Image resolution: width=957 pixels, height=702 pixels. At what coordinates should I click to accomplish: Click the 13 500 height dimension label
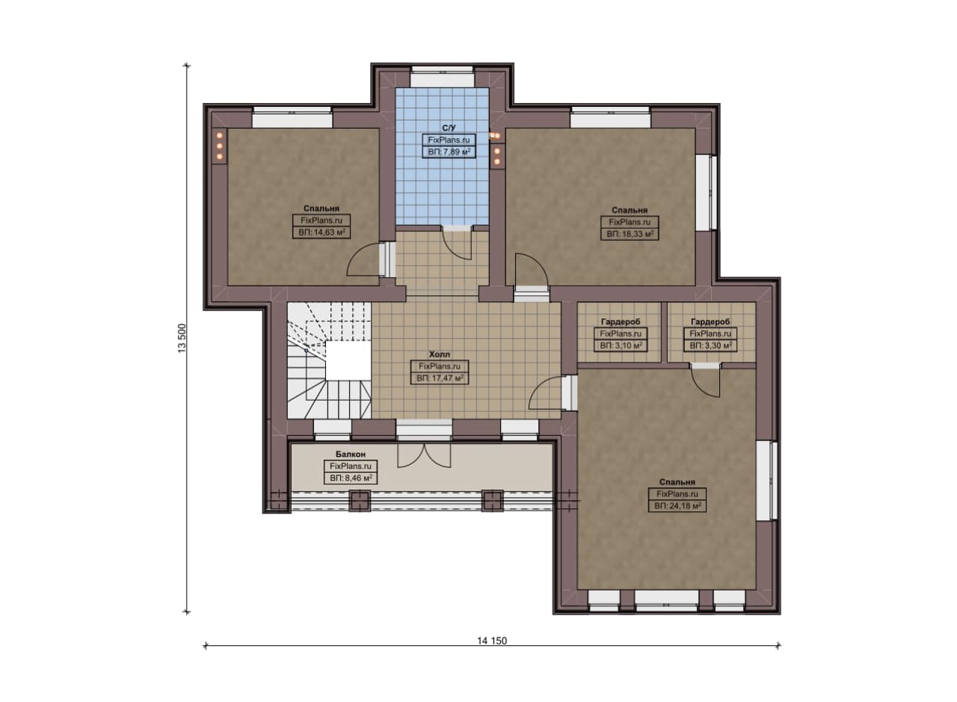[x=182, y=339]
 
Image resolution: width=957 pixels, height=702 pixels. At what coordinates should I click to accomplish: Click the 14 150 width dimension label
[x=492, y=641]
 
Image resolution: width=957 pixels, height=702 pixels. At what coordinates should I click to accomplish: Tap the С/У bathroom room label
[x=449, y=128]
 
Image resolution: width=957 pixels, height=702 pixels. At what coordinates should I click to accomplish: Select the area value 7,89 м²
[x=449, y=152]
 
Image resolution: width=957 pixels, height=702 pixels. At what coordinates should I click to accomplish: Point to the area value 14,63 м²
[x=321, y=233]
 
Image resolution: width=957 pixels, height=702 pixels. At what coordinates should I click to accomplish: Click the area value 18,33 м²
[x=630, y=234]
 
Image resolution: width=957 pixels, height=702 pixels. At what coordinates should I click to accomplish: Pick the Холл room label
[x=440, y=354]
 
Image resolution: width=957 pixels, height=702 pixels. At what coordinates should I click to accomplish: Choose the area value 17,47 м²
[x=440, y=378]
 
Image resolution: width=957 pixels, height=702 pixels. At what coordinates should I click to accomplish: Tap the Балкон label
[x=351, y=455]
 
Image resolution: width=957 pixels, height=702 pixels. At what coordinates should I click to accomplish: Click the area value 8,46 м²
[x=351, y=478]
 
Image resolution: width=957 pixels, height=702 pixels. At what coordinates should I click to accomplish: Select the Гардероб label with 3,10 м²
[x=621, y=321]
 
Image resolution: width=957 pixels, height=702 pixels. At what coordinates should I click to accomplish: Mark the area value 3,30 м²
[x=710, y=345]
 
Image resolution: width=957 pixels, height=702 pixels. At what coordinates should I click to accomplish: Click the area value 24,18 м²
[x=677, y=506]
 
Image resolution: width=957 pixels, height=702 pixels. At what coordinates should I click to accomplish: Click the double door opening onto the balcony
[x=424, y=455]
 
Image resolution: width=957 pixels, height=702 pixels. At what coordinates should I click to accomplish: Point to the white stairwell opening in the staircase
[x=348, y=360]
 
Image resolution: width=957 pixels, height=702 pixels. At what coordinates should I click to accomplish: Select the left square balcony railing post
[x=360, y=501]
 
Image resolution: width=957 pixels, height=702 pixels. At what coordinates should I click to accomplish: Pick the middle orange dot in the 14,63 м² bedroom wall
[x=220, y=146]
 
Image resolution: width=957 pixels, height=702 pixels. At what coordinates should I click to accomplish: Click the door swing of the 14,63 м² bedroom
[x=363, y=259]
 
